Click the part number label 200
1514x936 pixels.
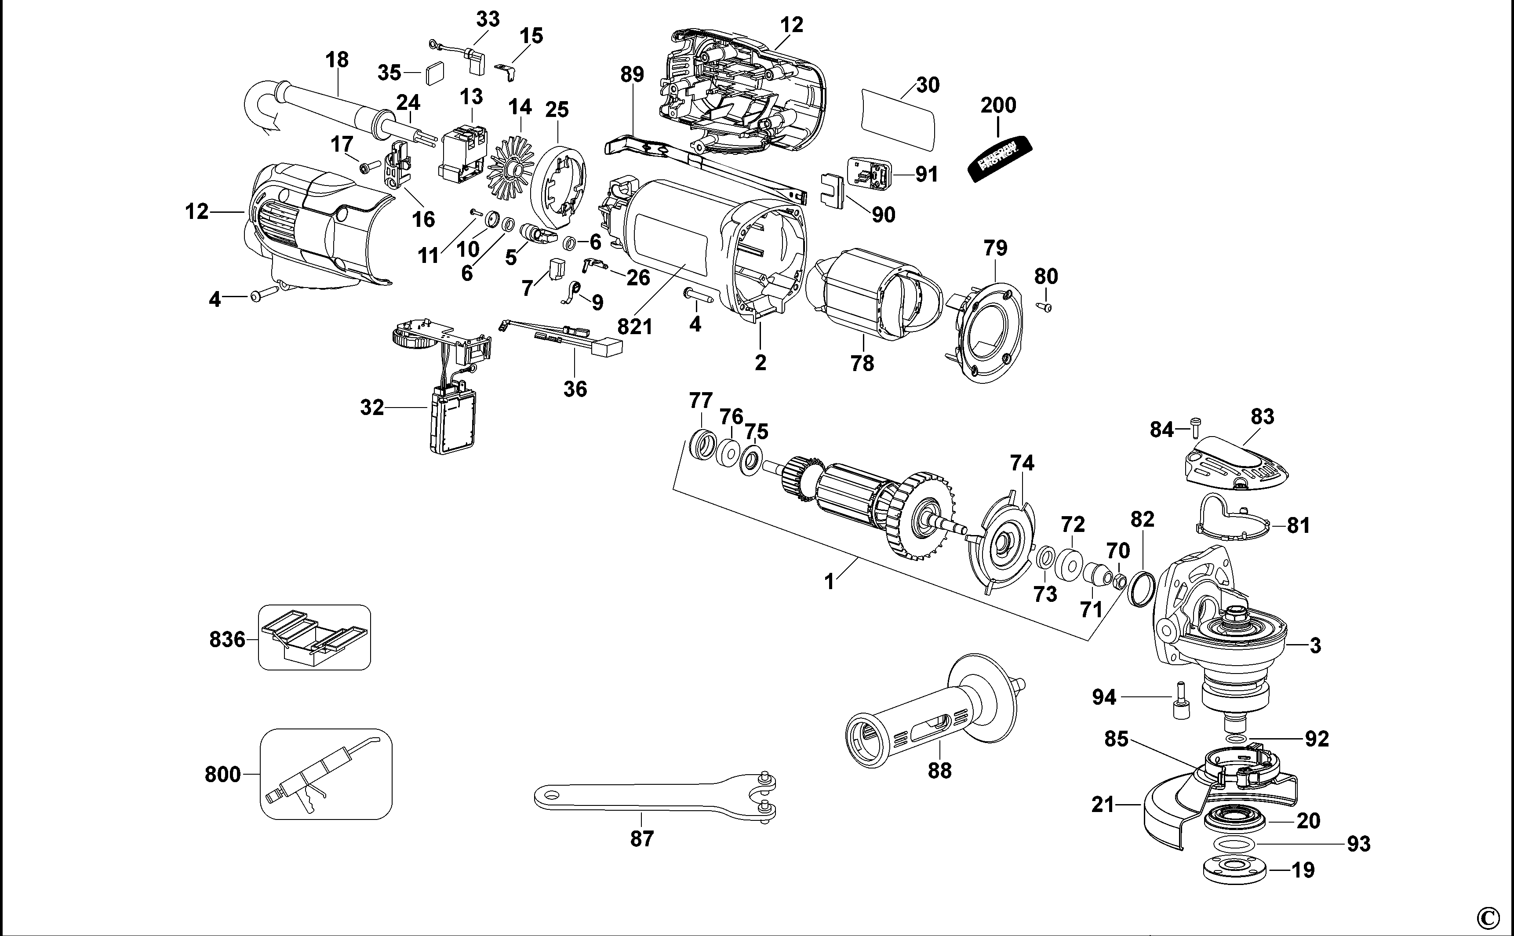(998, 105)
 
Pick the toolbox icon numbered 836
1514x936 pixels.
(314, 637)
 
